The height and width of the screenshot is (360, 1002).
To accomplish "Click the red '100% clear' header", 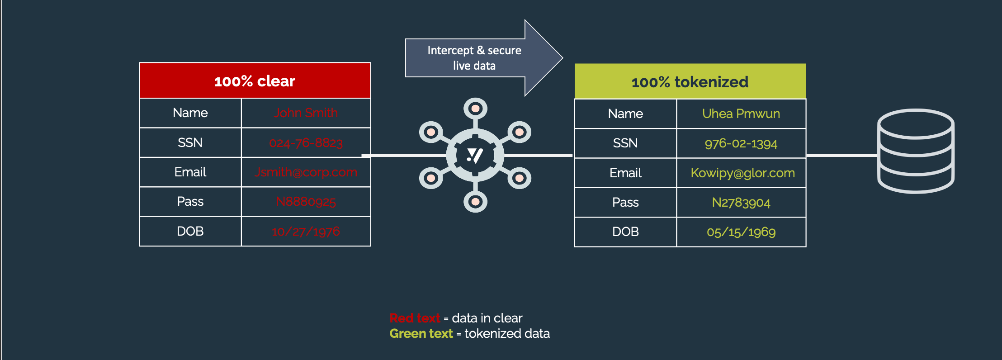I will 255,81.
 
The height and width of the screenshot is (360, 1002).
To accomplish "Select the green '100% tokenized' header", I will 690,82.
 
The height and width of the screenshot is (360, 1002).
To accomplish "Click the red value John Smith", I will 306,113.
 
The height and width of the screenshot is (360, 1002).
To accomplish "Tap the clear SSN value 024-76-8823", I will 306,143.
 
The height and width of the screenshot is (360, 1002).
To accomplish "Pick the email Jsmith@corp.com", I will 306,172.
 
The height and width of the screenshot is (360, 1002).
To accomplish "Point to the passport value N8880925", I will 306,202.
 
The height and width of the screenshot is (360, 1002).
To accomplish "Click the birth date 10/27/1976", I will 306,232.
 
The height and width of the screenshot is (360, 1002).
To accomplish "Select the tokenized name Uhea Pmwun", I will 741,114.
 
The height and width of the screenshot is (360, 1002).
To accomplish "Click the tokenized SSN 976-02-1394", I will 741,144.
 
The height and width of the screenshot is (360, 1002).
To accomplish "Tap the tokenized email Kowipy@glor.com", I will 742,173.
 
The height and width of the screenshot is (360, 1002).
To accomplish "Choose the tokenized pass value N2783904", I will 741,203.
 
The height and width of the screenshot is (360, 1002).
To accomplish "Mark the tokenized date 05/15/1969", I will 741,232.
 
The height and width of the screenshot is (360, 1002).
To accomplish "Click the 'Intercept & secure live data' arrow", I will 475,58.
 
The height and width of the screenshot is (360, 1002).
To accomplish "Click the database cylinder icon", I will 916,151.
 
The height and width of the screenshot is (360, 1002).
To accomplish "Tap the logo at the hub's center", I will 475,156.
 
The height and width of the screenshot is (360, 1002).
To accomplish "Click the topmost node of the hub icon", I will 475,109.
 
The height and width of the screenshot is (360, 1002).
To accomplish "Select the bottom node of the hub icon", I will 475,202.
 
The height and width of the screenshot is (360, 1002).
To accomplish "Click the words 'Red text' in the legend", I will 415,318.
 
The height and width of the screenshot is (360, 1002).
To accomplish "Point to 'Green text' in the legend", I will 421,334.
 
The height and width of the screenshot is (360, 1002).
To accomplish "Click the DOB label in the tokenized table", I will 625,232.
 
